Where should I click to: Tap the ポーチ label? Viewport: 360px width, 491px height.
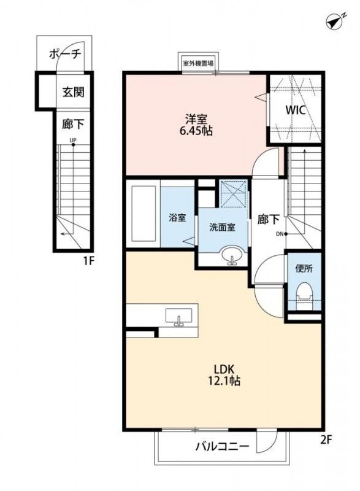point(65,54)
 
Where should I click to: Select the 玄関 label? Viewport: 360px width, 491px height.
point(73,92)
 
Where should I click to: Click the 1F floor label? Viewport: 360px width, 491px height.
point(88,261)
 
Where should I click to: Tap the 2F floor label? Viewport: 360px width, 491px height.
point(326,440)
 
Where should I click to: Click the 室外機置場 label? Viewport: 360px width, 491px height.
point(198,64)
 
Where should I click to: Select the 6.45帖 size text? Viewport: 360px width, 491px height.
point(196,131)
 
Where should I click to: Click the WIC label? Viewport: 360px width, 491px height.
point(295,110)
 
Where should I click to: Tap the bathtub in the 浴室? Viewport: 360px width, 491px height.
point(144,214)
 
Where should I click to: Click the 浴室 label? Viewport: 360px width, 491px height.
point(177,217)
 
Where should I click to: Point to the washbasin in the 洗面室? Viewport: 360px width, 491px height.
point(232,256)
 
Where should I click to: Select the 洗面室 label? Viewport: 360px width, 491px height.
point(223,227)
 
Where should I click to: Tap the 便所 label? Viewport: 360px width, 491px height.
point(304,268)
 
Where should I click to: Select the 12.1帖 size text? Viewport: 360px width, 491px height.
point(224,381)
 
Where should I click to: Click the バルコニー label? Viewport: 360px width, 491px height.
point(223,446)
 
